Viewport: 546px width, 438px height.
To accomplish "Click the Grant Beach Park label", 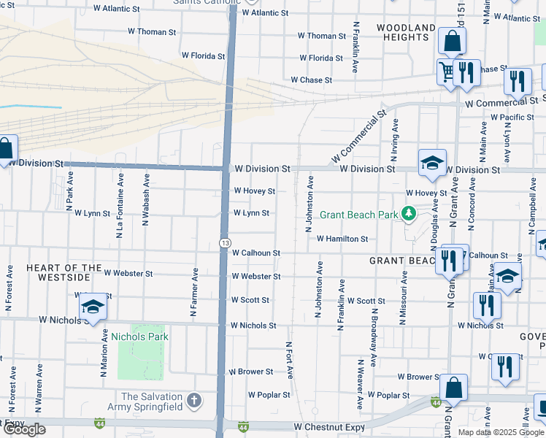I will [358, 214].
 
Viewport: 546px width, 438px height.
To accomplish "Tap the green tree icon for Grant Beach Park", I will [409, 214].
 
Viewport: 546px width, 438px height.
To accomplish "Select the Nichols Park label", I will [139, 337].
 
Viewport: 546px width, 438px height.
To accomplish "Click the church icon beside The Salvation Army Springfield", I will [193, 400].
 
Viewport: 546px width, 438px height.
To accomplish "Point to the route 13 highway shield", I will [225, 242].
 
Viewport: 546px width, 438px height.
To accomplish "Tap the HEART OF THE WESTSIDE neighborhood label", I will [58, 273].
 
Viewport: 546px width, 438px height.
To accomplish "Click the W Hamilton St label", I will [342, 239].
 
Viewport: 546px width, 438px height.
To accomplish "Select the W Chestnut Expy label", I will [329, 426].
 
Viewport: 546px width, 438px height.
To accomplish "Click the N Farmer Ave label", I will [195, 292].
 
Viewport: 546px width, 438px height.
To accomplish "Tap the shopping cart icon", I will [446, 72].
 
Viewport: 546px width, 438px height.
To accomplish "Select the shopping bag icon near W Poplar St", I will [453, 388].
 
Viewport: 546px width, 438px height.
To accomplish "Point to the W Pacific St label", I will [512, 117].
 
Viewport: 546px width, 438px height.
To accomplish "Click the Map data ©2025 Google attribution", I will [501, 432].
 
